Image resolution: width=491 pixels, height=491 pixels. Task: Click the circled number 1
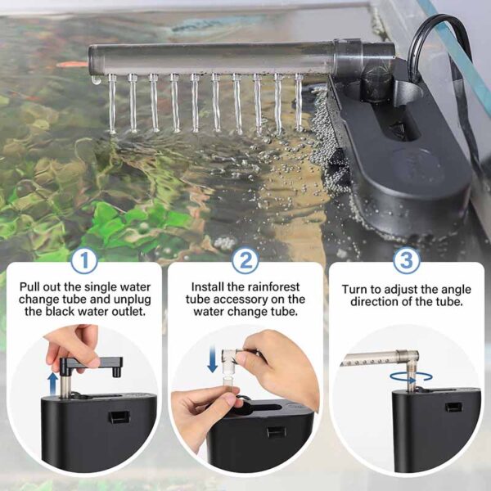tap(83, 260)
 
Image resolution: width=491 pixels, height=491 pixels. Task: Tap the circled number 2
tap(245, 260)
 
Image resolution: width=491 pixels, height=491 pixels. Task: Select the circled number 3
tap(406, 260)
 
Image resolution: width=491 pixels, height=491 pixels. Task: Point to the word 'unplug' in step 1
tap(133, 300)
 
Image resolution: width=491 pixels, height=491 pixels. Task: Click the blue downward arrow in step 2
tap(213, 359)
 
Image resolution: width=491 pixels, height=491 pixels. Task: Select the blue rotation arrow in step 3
tap(411, 377)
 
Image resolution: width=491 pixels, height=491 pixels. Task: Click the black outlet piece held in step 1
tap(91, 365)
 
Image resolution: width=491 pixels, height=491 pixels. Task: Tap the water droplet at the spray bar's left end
tap(96, 80)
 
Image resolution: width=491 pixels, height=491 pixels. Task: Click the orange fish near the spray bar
tap(72, 65)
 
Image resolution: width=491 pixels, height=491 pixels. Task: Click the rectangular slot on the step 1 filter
tap(119, 417)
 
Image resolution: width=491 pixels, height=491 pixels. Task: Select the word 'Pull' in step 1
tap(29, 287)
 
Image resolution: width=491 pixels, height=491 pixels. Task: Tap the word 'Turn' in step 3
tap(354, 290)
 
